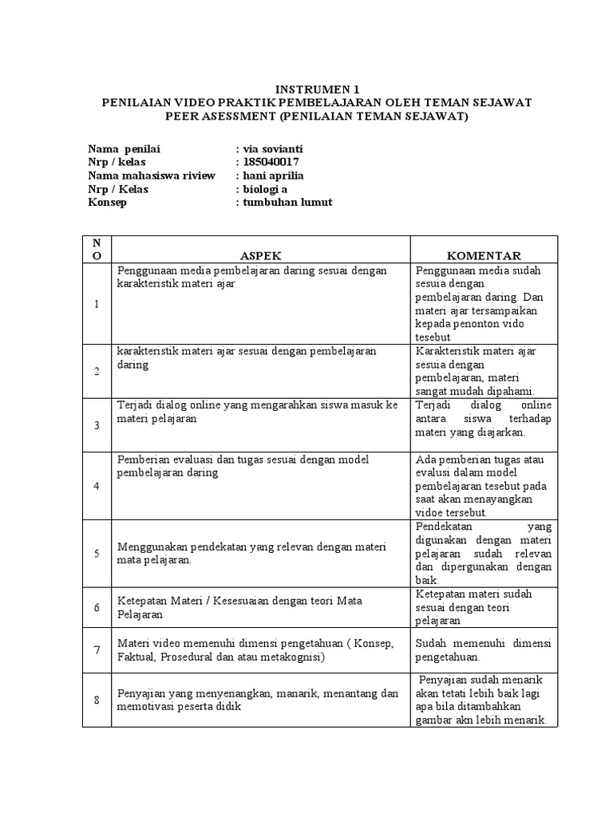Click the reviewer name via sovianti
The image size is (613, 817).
click(x=271, y=148)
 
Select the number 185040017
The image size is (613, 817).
click(x=271, y=162)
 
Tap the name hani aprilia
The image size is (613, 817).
click(x=272, y=176)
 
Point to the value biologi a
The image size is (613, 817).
click(x=264, y=189)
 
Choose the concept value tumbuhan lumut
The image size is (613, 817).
click(x=287, y=203)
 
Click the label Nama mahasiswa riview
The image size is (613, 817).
click(x=151, y=176)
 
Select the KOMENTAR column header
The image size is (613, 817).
click(x=484, y=256)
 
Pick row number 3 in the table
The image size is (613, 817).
click(x=97, y=425)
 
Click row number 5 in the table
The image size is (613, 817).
click(x=97, y=553)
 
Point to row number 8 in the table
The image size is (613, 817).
click(x=97, y=701)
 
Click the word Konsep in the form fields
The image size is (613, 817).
click(x=108, y=203)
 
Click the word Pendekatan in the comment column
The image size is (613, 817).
click(x=445, y=527)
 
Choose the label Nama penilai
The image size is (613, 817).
click(x=124, y=148)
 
